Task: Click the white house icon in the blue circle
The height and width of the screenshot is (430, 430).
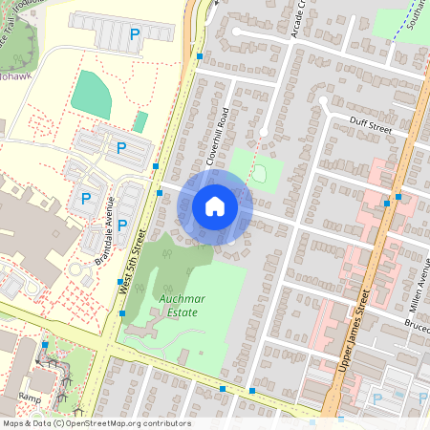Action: [x=215, y=205]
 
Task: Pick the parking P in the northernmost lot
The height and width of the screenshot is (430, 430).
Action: [x=135, y=34]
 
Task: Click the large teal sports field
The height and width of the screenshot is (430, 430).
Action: [x=91, y=92]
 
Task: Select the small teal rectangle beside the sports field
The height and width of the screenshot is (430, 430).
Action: [x=140, y=121]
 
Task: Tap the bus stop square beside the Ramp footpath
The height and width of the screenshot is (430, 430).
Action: [x=45, y=344]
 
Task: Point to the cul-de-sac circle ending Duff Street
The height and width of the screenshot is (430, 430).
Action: [x=324, y=100]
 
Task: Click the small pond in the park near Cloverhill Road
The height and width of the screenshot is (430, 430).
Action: [x=258, y=173]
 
